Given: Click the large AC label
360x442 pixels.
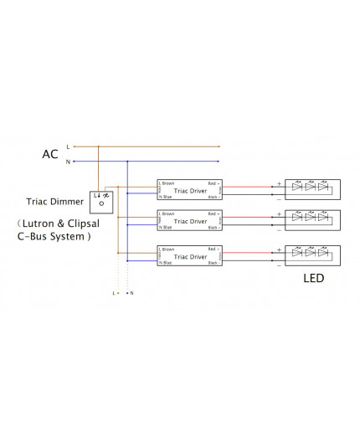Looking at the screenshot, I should (x=50, y=154).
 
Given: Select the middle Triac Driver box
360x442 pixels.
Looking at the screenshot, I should (x=189, y=221).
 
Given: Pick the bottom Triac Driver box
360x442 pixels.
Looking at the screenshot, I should (x=189, y=254).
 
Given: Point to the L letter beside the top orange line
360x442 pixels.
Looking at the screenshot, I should (x=67, y=146).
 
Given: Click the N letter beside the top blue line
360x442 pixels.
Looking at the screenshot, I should (x=67, y=161).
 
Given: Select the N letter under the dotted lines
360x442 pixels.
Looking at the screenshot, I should (x=132, y=293).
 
